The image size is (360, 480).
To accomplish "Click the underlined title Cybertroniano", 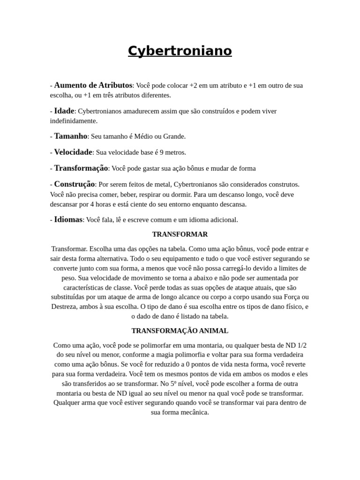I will [180, 51].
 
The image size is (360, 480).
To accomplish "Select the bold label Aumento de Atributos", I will [93, 85].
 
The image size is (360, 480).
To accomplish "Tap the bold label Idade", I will [64, 111].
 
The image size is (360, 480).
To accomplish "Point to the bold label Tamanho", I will [71, 136].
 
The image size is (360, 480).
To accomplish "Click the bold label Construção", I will [75, 184].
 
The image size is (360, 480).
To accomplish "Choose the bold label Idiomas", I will [68, 219].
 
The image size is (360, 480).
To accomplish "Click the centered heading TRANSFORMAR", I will [180, 234].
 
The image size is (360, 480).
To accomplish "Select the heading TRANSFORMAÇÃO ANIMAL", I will [180, 330].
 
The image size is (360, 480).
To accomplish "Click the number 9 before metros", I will [161, 152].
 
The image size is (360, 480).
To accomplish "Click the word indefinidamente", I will [74, 121].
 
